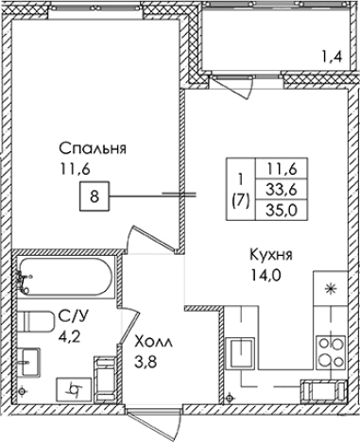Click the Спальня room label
click(x=92, y=149)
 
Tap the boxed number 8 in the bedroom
click(x=94, y=197)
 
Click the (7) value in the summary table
click(x=240, y=199)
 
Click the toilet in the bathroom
click(x=35, y=321)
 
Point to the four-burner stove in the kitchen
click(x=332, y=350)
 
